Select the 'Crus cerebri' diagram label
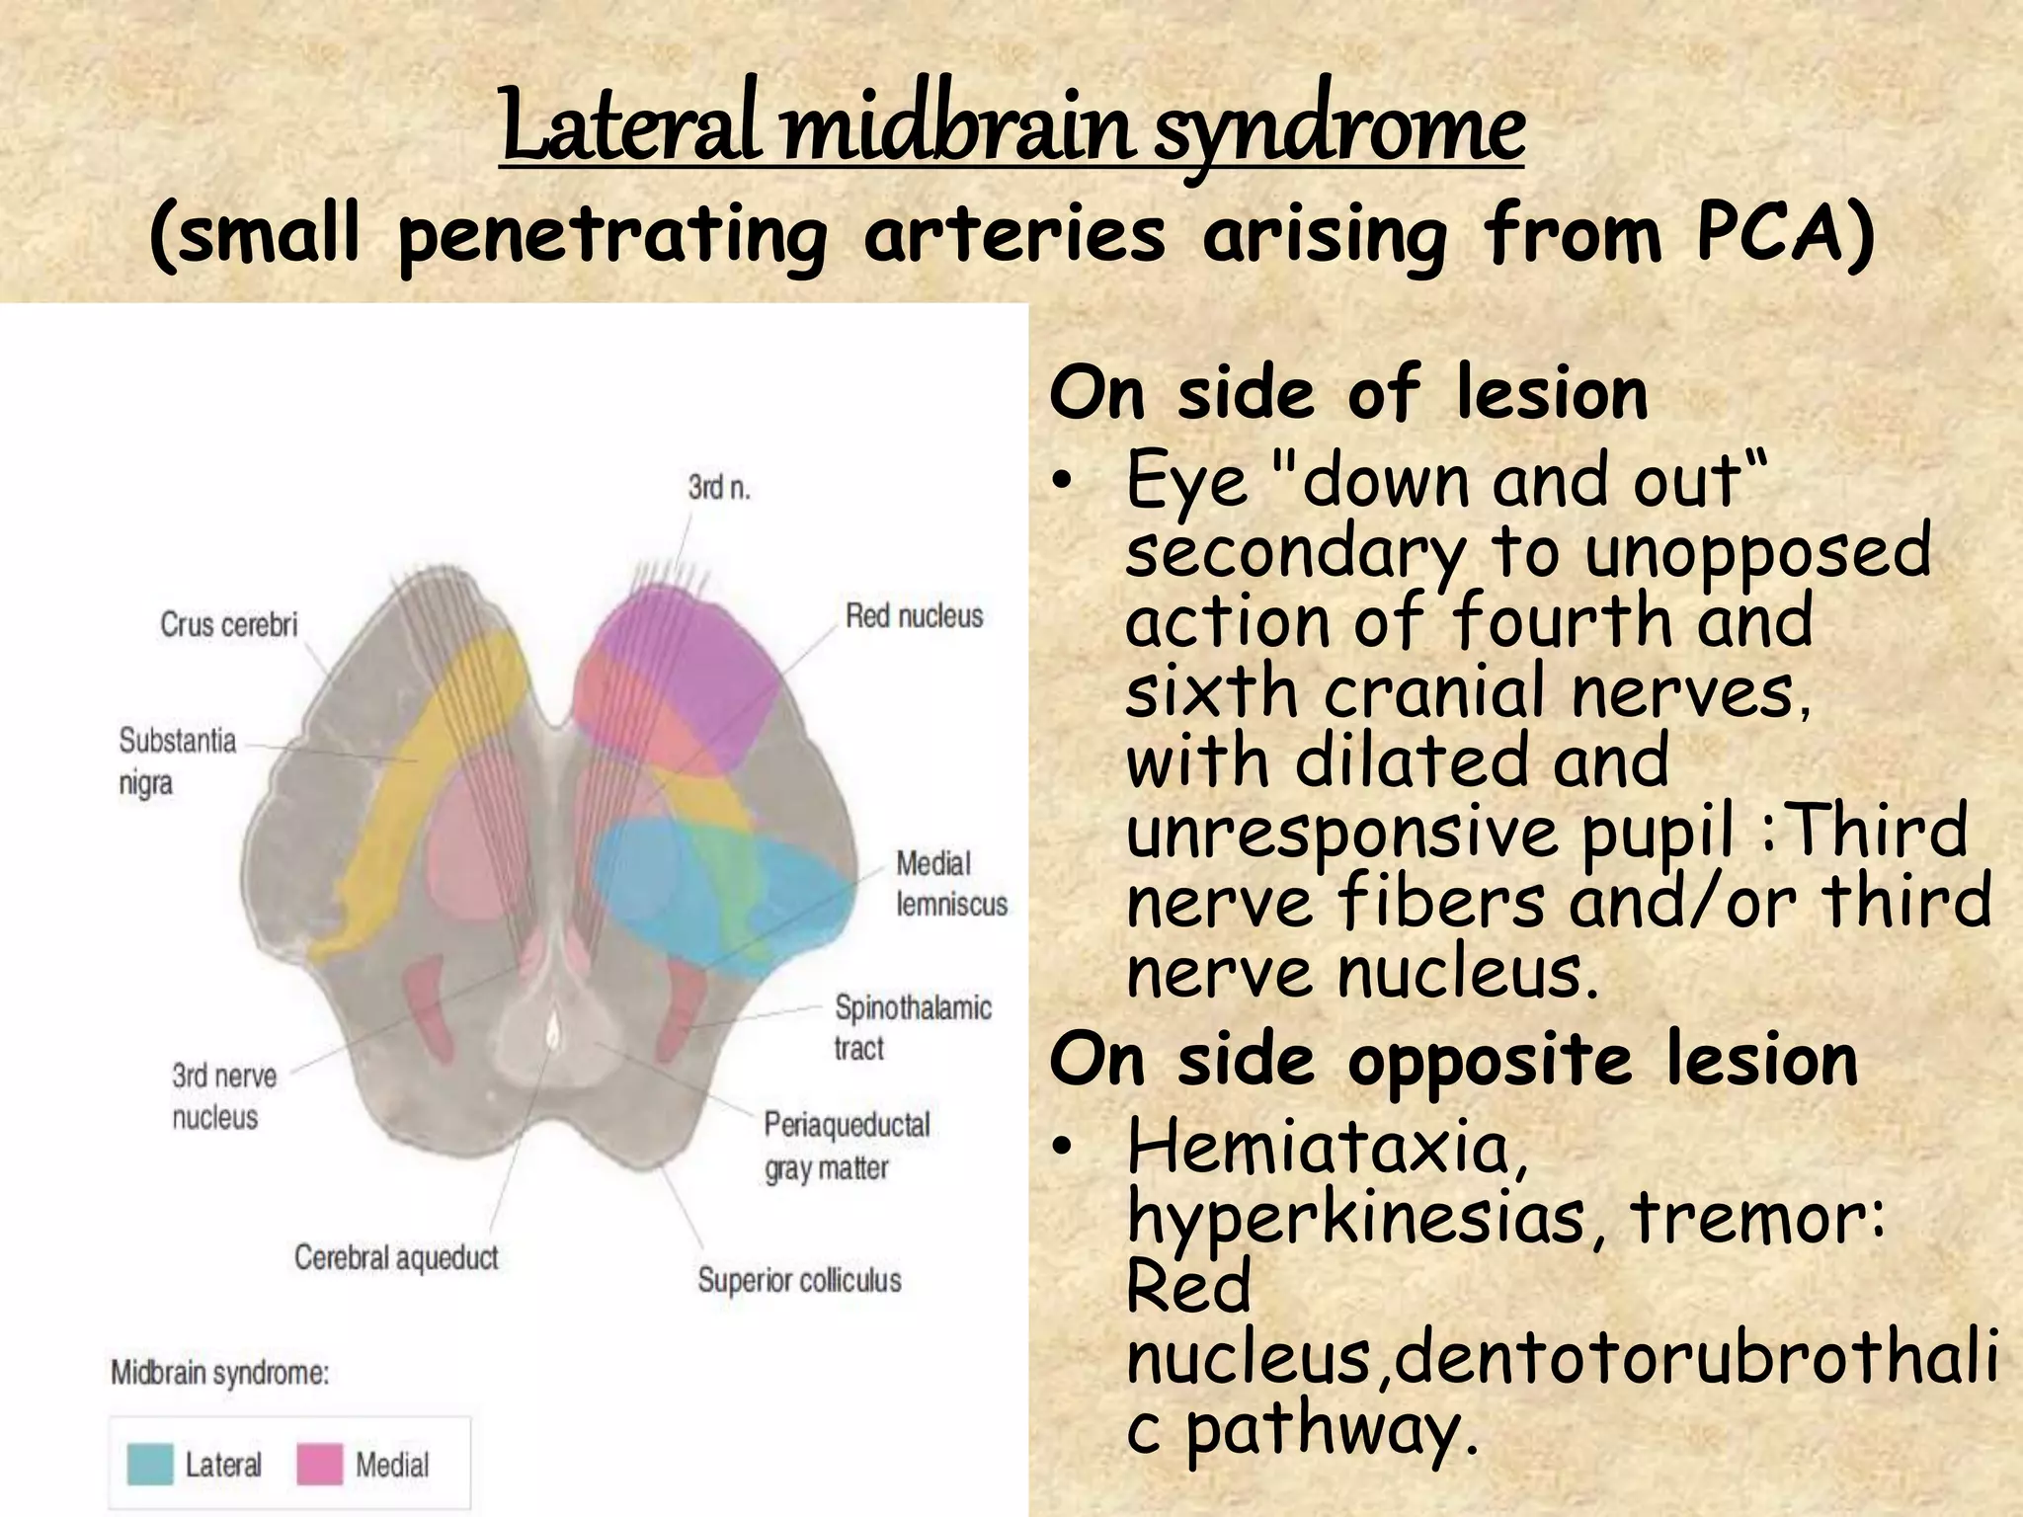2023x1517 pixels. click(228, 624)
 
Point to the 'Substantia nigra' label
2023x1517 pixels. click(177, 760)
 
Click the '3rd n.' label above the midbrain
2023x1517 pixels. click(719, 487)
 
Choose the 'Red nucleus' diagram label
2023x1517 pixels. click(914, 616)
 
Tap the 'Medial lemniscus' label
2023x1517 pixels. click(950, 883)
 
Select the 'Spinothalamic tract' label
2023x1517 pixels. click(912, 1027)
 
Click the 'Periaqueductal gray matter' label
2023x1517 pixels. click(847, 1146)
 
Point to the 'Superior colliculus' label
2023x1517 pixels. click(799, 1280)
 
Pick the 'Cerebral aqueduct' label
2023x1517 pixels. click(396, 1257)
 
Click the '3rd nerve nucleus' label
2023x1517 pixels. click(223, 1095)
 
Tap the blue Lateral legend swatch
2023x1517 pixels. click(150, 1464)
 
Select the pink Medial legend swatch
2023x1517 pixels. click(319, 1464)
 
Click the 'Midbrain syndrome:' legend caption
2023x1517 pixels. click(219, 1373)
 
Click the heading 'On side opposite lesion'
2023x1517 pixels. click(1453, 1059)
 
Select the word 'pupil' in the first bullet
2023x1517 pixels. click(1657, 832)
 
